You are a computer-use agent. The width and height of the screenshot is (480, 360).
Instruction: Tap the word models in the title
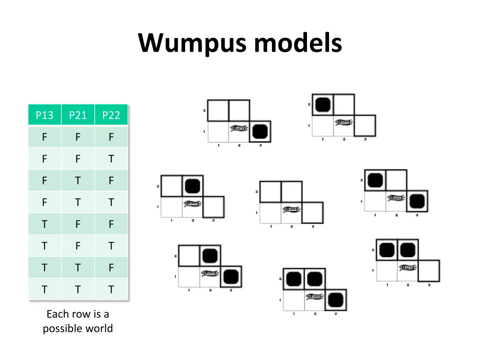point(298,43)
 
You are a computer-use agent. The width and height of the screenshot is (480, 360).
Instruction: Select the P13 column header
point(45,115)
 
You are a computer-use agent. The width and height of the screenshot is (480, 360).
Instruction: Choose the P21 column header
point(78,115)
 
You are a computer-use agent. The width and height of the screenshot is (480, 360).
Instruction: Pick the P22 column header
point(111,115)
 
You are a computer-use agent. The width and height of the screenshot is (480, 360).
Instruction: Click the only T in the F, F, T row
point(111,159)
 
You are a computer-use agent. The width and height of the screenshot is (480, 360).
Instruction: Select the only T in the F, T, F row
point(78,180)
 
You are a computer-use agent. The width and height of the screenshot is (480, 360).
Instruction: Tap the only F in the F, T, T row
point(45,202)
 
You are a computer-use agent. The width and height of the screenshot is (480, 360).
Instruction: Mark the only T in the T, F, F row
point(45,224)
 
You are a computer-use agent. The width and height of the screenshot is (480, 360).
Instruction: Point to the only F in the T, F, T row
point(78,246)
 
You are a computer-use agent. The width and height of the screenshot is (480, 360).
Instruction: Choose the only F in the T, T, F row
point(111,268)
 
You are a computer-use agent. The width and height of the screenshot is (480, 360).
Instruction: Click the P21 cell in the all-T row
point(78,290)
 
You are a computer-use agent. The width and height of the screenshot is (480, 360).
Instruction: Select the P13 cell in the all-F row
point(45,137)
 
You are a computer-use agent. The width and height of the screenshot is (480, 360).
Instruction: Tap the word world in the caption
point(100,328)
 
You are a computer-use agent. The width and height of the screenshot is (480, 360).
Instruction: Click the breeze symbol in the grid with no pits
point(291,210)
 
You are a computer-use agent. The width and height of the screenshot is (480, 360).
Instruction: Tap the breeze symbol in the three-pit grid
point(315,297)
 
